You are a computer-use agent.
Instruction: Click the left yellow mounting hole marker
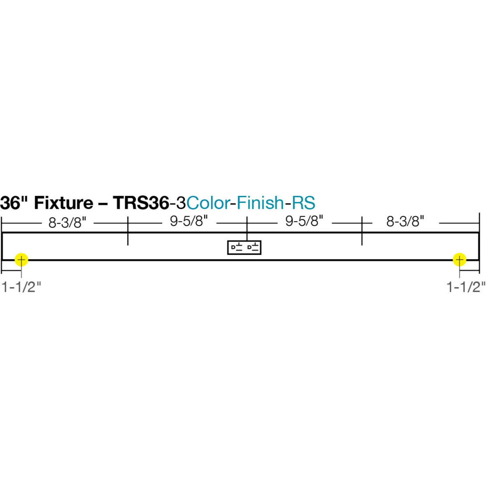point(21,260)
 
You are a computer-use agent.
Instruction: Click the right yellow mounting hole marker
point(459,260)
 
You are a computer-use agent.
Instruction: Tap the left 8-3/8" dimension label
point(67,222)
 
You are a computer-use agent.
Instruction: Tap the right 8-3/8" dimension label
point(405,221)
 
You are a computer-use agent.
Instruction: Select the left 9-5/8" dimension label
point(189,221)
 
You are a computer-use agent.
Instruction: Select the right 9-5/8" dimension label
point(304,221)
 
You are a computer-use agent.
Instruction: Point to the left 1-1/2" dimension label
point(22,287)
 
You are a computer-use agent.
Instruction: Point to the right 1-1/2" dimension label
point(466,287)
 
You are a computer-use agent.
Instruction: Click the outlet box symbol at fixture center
point(244,247)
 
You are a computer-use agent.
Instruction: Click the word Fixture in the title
point(63,203)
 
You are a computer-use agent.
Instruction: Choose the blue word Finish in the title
point(260,203)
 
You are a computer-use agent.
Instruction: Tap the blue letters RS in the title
point(303,203)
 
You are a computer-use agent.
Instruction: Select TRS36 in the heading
point(140,203)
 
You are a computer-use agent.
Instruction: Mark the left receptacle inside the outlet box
point(237,247)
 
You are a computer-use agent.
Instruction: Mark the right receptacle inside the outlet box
point(253,247)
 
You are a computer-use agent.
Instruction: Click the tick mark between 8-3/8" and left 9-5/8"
point(128,231)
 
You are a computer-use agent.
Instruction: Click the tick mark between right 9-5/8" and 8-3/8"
point(362,231)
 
